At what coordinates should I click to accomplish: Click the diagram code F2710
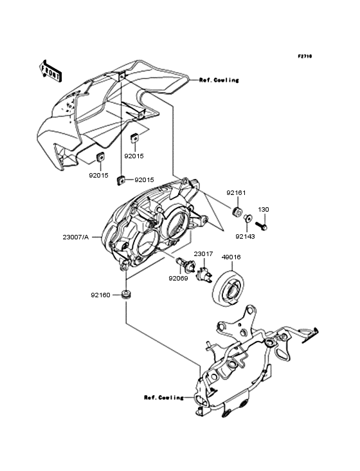[304, 57]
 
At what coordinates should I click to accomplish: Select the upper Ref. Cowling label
[219, 80]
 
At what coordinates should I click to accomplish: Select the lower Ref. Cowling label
[163, 397]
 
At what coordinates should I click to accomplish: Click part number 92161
[235, 193]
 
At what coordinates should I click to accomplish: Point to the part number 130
[263, 210]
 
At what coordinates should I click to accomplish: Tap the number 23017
[204, 254]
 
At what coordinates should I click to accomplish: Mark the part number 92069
[178, 279]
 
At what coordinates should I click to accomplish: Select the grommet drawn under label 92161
[236, 212]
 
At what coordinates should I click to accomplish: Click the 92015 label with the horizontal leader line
[145, 180]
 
